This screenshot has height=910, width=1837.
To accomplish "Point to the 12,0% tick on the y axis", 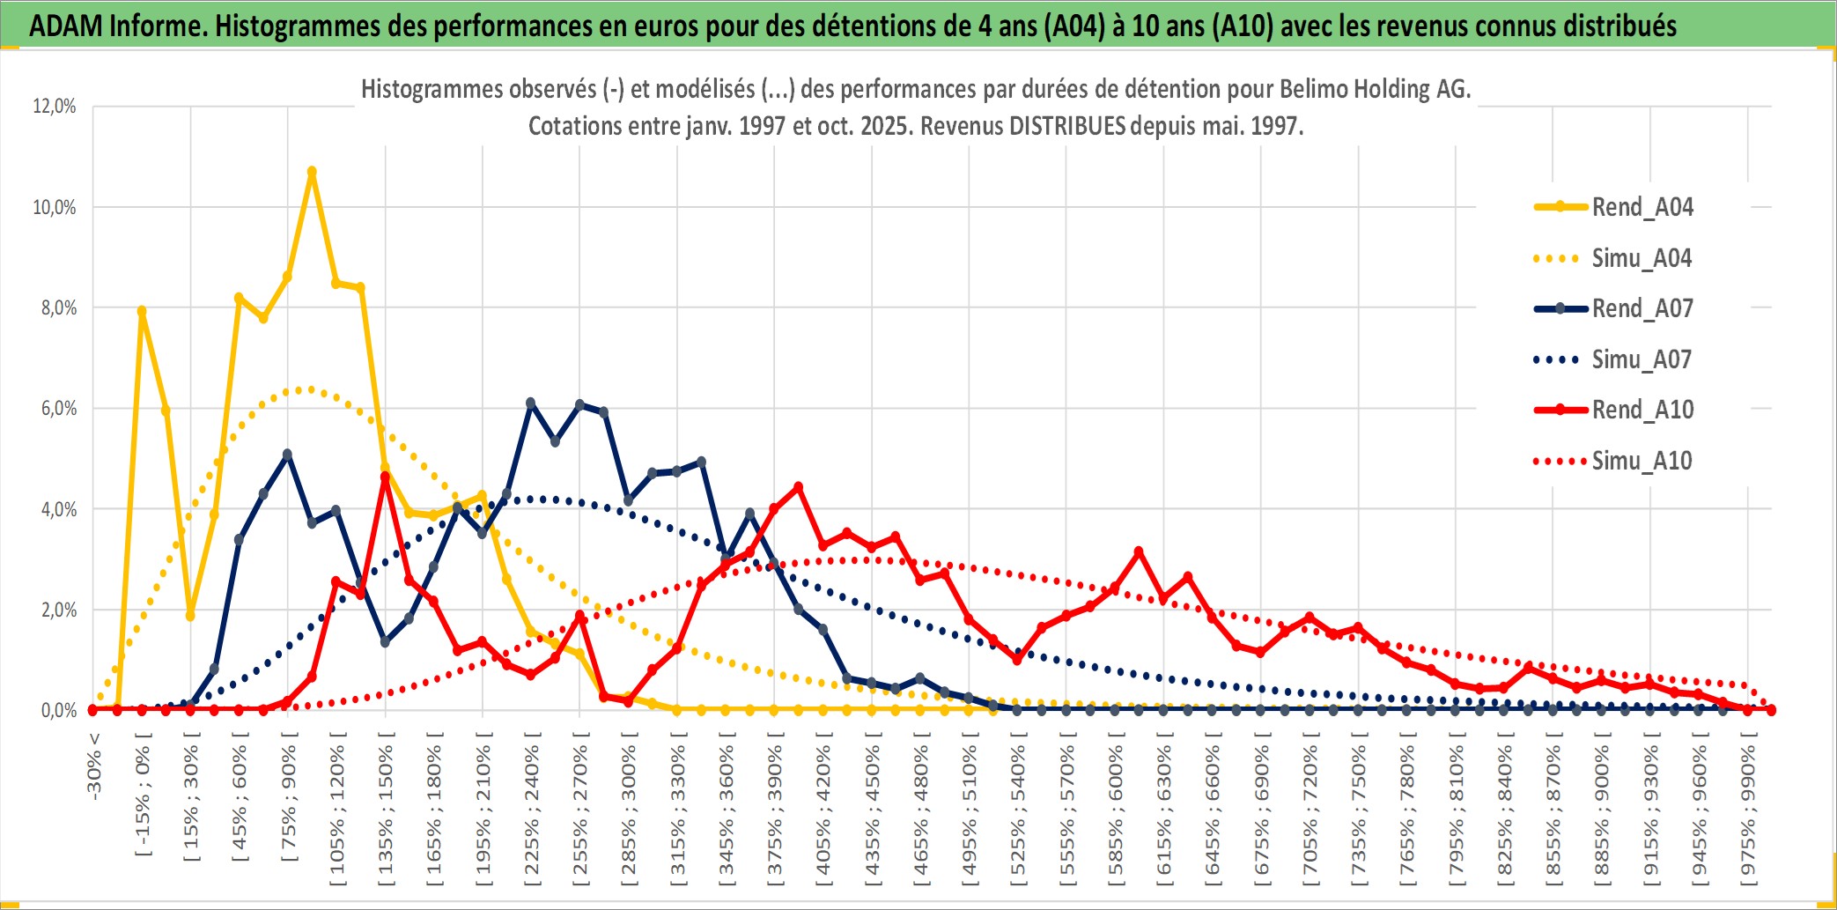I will click(x=55, y=107).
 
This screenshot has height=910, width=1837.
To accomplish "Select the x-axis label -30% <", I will click(x=94, y=766).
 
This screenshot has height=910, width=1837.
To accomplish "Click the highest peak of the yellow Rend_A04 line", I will click(x=312, y=172).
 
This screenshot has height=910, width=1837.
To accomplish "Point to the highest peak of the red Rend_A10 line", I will click(x=385, y=477).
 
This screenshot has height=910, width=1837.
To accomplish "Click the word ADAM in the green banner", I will click(x=66, y=26).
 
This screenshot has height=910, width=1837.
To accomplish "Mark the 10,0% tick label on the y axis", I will click(x=55, y=207).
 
